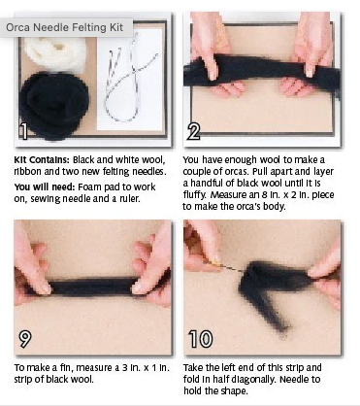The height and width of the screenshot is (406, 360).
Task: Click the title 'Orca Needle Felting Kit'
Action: click(65, 27)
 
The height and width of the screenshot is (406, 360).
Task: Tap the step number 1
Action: click(23, 131)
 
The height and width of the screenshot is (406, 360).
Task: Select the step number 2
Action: click(193, 132)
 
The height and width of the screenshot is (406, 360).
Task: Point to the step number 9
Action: click(24, 338)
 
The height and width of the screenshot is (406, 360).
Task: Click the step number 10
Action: click(201, 339)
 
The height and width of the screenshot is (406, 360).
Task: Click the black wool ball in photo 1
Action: click(53, 104)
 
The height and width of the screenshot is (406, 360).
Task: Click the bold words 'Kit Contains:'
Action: click(42, 160)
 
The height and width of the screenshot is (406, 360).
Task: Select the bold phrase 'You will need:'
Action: click(45, 187)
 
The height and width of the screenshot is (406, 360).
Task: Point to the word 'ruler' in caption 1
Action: click(129, 198)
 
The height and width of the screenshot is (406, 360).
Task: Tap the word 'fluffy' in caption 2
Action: click(195, 195)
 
